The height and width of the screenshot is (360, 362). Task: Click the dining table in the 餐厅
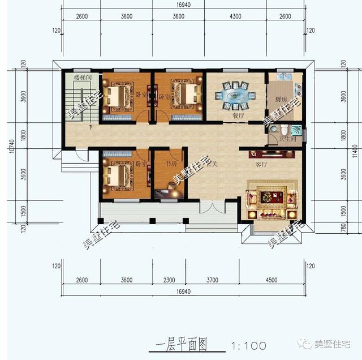234,95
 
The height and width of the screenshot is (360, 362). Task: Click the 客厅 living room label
261,165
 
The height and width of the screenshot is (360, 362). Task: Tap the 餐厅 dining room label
238,115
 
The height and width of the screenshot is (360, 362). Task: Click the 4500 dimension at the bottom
271,280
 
